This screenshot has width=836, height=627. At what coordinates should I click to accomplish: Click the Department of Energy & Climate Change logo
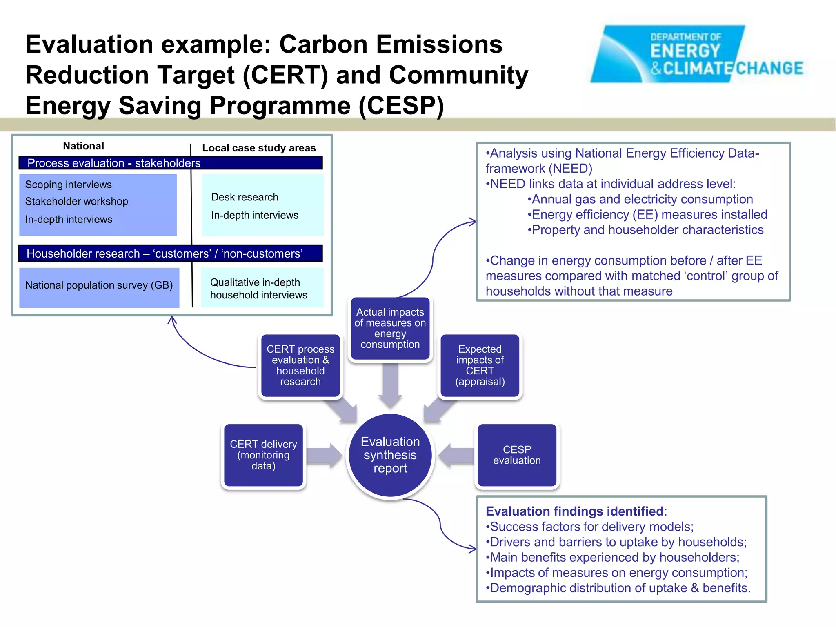click(x=696, y=54)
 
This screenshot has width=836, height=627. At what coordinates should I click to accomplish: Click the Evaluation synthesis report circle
click(x=390, y=455)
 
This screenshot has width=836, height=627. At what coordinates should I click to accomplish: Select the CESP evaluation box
click(x=517, y=455)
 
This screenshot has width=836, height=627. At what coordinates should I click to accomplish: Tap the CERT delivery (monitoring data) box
click(x=263, y=455)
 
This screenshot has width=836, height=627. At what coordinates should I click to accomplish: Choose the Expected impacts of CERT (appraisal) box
click(x=480, y=365)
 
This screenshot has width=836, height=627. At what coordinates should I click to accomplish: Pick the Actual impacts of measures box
click(x=390, y=328)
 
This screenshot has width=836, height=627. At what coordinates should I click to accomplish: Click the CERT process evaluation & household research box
click(x=300, y=365)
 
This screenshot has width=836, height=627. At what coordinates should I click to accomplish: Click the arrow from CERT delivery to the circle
click(x=324, y=455)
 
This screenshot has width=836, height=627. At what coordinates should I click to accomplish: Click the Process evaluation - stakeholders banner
click(x=170, y=163)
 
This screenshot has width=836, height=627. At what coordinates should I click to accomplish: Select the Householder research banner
click(x=170, y=253)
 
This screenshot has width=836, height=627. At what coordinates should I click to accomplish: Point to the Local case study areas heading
click(x=259, y=148)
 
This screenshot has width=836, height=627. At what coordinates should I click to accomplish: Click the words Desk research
click(x=245, y=197)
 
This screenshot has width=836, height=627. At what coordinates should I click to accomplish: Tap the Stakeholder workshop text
click(x=76, y=201)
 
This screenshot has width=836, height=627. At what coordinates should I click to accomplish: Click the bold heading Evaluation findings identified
click(x=574, y=511)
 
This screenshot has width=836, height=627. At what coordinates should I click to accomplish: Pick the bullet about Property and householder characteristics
click(x=645, y=230)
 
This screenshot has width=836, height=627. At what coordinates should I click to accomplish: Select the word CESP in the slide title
click(x=401, y=105)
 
